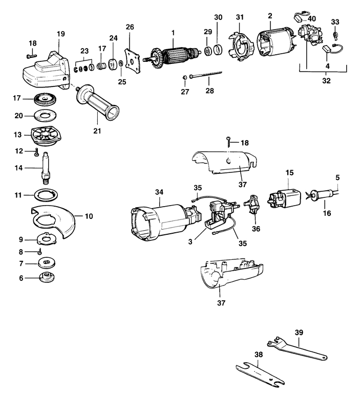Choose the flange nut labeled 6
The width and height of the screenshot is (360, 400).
[x=47, y=280]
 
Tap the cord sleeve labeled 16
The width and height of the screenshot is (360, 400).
[x=323, y=195]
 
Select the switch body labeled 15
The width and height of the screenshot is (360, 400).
[x=286, y=197]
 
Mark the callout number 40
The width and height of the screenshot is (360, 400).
[x=312, y=18]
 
